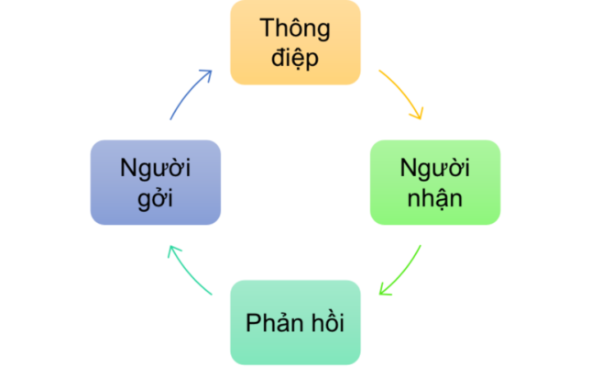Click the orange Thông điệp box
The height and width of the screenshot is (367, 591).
click(295, 43)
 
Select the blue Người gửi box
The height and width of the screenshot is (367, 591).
click(155, 183)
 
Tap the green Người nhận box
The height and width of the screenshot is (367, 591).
click(435, 183)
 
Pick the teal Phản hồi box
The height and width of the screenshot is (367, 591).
click(295, 323)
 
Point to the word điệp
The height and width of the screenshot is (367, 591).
click(295, 59)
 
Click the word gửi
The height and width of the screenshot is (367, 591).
click(155, 198)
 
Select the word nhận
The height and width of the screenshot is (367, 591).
click(435, 198)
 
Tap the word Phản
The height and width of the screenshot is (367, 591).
click(273, 323)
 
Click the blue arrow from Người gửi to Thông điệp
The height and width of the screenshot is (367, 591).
click(187, 95)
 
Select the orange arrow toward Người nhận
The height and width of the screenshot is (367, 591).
click(404, 94)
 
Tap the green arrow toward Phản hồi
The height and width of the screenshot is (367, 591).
click(404, 271)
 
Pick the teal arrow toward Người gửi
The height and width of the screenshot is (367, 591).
click(187, 272)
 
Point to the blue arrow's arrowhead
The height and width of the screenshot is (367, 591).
click(207, 72)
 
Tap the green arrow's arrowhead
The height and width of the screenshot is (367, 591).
click(385, 291)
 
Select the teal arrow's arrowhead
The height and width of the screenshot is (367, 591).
click(171, 250)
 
